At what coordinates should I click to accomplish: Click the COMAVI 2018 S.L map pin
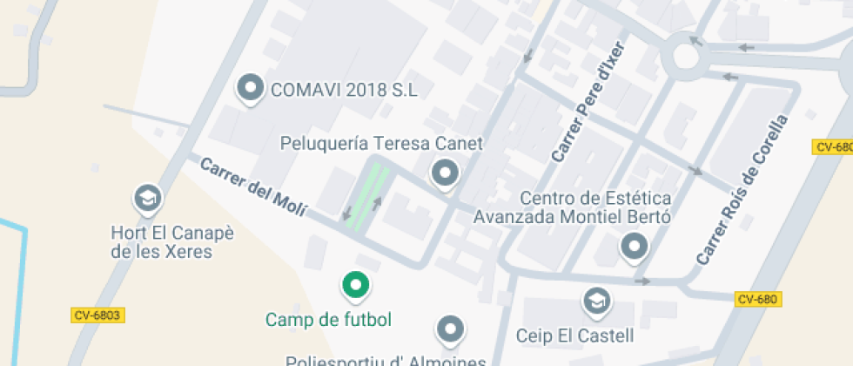pos(252,88)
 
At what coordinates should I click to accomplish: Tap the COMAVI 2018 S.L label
pos(344,89)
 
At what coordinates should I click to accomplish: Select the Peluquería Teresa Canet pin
pos(446,173)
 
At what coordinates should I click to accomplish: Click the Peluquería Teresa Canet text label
pos(381,143)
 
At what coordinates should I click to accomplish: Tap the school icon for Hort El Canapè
pos(147,200)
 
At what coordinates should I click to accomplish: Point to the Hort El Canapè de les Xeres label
pos(162,242)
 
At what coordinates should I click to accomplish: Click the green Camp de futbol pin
pos(354,284)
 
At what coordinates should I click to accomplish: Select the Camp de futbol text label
pos(328,319)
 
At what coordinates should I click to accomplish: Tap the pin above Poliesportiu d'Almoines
pos(449,329)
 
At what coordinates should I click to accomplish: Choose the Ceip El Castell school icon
pos(596,302)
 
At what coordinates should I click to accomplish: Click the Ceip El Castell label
pos(574,335)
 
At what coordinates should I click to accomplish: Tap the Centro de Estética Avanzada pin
pos(634,247)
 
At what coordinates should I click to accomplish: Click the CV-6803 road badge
pos(96,315)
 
